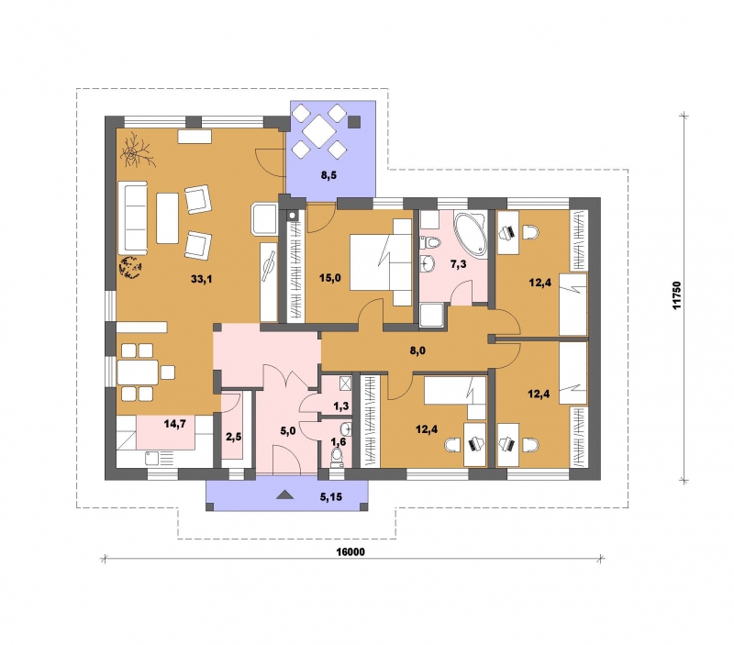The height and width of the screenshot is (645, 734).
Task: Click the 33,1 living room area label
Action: coord(201,280)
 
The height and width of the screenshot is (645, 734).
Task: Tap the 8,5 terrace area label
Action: coord(328,175)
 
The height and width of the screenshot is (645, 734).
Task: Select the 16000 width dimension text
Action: coord(350,552)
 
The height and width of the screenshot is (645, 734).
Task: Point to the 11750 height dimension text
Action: coord(677,295)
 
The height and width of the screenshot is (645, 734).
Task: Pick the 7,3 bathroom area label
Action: coord(458,264)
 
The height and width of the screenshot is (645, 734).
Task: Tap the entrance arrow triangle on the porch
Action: coord(284,495)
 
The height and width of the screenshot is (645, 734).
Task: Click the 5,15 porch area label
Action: coord(331,497)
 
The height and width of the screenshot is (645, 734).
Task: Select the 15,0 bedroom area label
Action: coord(330,278)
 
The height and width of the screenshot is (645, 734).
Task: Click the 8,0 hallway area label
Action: coord(417,350)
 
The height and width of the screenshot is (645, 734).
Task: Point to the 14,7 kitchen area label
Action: coord(175,424)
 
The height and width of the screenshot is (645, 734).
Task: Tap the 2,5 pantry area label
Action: coord(234,437)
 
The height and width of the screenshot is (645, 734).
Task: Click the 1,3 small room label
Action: coord(341,406)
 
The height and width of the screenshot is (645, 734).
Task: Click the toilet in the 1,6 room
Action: coord(336,458)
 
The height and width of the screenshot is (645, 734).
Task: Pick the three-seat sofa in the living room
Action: coord(133,217)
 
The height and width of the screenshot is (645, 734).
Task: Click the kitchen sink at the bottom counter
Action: coord(153,458)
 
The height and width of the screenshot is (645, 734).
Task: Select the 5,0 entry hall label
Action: coord(288,430)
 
